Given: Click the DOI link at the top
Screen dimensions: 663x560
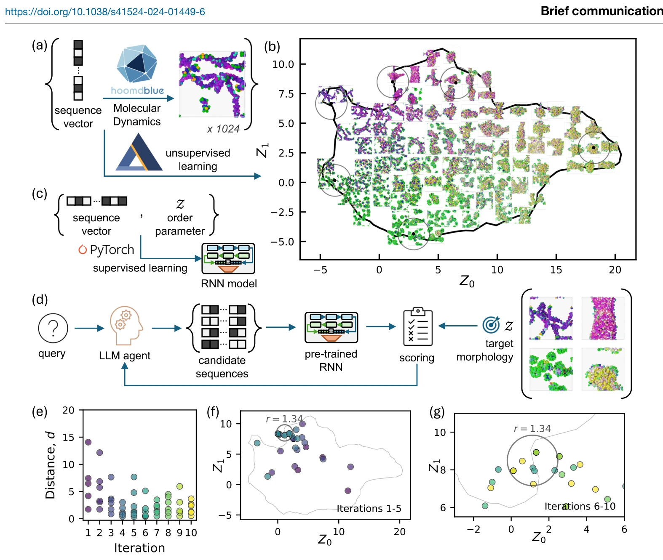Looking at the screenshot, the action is [x=105, y=12].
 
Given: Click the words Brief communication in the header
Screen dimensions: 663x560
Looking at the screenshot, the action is [x=602, y=11].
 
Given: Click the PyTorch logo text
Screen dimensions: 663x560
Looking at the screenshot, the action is [x=107, y=249].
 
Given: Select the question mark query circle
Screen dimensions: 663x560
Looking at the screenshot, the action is [x=53, y=328].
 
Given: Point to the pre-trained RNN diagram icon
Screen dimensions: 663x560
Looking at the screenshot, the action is [x=331, y=327].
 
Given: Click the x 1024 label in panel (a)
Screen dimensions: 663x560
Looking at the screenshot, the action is [x=223, y=129].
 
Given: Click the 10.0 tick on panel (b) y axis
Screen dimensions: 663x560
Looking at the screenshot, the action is [x=283, y=64].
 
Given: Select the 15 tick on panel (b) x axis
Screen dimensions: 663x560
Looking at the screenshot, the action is [x=556, y=270].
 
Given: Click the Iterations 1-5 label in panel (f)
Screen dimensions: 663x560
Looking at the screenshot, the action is [x=369, y=508].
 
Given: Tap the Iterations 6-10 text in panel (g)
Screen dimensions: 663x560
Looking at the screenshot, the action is [x=580, y=506].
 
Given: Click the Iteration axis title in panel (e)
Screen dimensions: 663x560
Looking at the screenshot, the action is [x=139, y=548].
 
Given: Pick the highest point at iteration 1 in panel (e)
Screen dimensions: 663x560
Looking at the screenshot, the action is [x=88, y=442].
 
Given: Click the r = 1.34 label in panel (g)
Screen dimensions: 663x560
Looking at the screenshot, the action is [x=532, y=428].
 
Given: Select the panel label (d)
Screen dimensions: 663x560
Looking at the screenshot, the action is [x=40, y=300].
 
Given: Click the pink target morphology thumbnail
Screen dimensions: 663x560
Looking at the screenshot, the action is [x=603, y=318].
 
